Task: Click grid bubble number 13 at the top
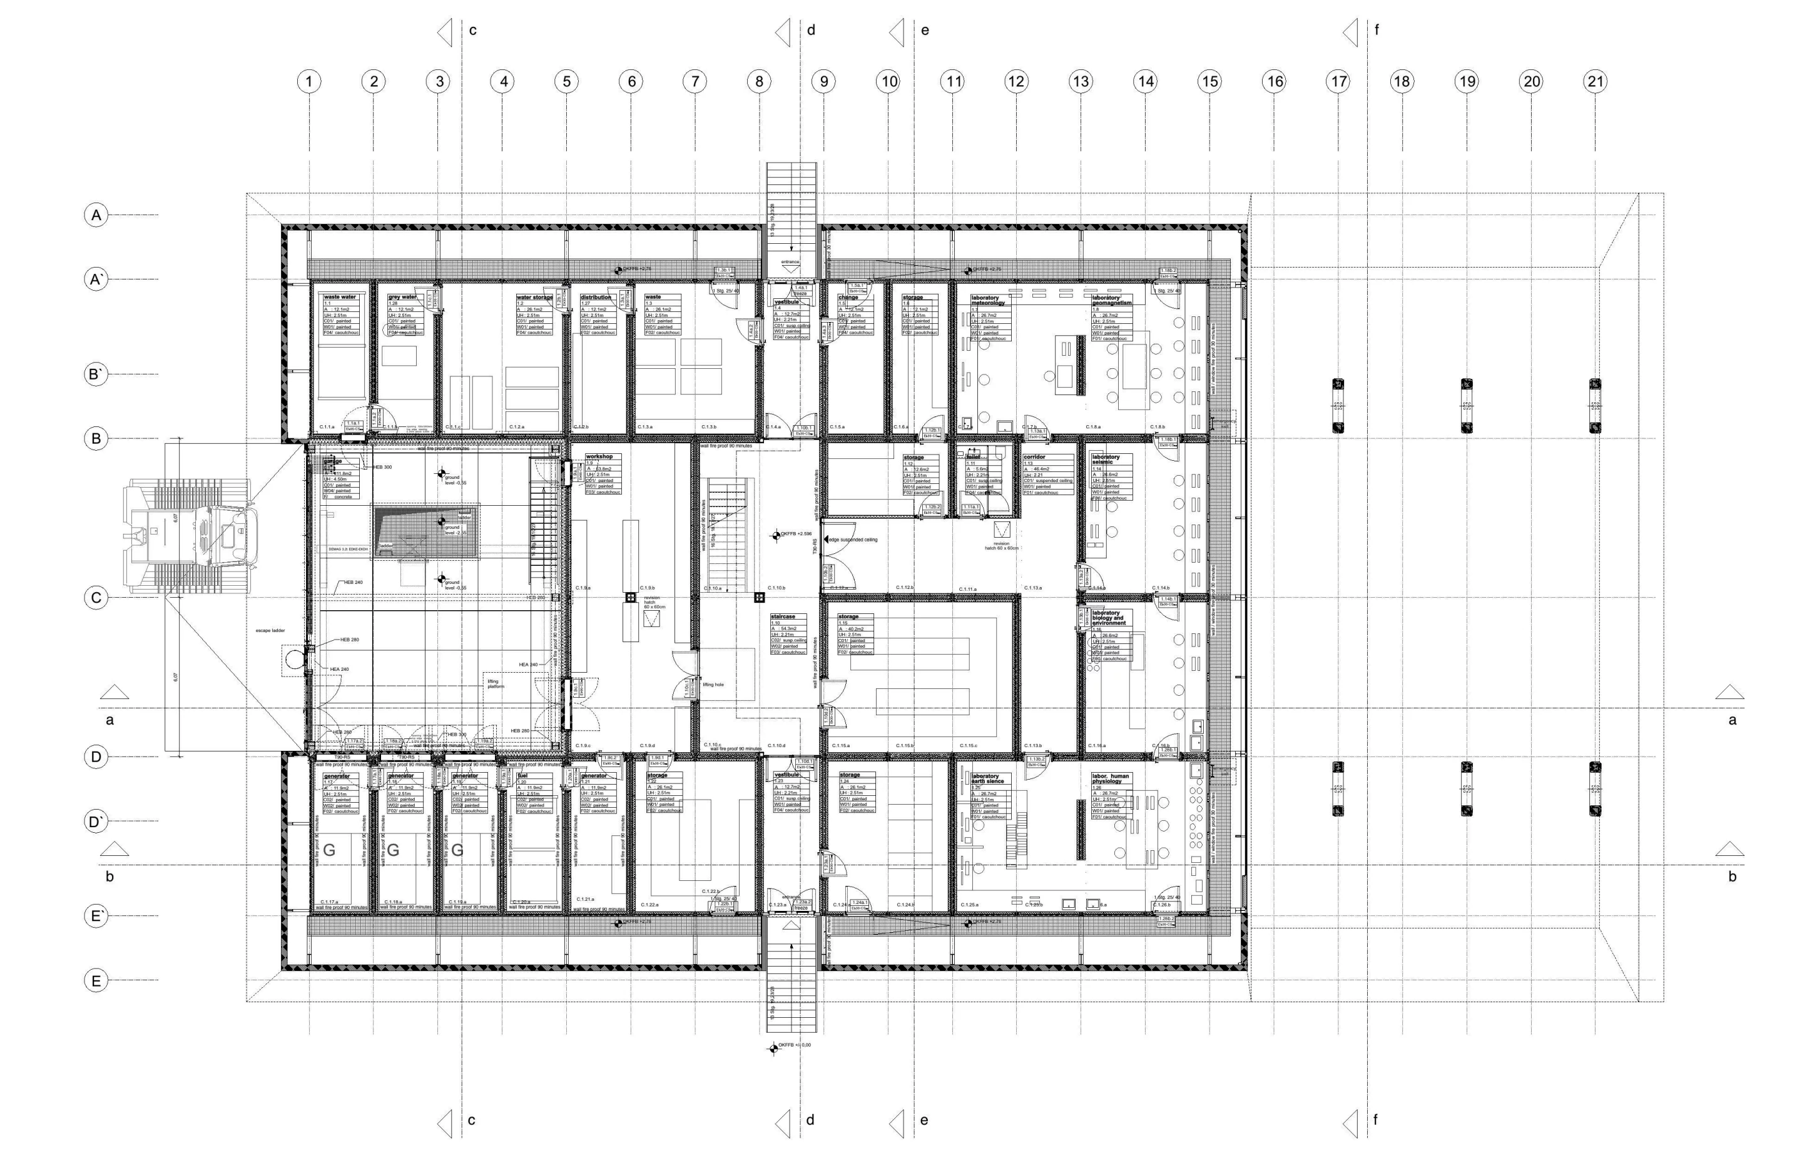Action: [x=1081, y=81]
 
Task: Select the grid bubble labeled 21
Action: [x=1596, y=81]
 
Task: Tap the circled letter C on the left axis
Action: [x=95, y=598]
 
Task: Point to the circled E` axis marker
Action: [x=95, y=916]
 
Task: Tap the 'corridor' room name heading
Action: [x=1034, y=457]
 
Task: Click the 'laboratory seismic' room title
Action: [x=1106, y=460]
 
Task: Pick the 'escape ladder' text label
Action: [x=270, y=630]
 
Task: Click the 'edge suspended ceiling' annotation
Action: [x=853, y=540]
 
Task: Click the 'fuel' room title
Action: [x=522, y=776]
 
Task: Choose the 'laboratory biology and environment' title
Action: [x=1106, y=618]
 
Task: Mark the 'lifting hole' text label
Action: [x=713, y=685]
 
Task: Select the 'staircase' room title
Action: [x=783, y=616]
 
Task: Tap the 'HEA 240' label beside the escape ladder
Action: [x=339, y=670]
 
